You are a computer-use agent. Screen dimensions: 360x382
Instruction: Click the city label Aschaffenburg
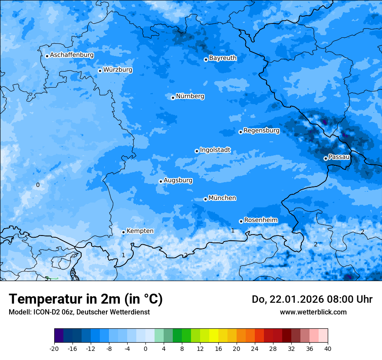point(72,55)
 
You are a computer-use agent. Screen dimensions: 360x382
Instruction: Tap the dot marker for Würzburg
point(100,71)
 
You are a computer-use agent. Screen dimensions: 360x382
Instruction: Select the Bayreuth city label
point(223,58)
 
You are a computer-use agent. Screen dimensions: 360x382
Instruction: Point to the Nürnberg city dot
point(173,98)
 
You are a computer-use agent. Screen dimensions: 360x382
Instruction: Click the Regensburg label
point(261,131)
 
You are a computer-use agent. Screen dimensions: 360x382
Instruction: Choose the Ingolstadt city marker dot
point(197,151)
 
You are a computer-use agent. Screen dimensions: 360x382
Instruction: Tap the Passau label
point(339,157)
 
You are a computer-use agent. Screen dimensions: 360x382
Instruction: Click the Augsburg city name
point(178,180)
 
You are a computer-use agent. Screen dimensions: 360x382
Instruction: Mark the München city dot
point(205,199)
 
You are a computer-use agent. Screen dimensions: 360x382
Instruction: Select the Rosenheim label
point(260,220)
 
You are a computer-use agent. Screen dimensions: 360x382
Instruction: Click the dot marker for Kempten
point(123,232)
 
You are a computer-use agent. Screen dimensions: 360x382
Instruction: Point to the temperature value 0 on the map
point(38,185)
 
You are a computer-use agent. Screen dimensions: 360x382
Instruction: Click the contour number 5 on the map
point(46,278)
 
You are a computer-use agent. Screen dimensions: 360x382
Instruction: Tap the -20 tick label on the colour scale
point(54,349)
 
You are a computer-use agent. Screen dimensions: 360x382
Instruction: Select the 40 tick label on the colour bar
point(328,349)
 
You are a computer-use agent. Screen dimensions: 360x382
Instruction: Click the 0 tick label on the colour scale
point(145,349)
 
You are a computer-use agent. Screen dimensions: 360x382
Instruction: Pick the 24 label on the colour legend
point(255,349)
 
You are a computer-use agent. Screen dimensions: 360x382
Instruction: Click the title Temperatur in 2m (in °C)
point(86,299)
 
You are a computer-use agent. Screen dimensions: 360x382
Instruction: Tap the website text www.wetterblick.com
point(313,312)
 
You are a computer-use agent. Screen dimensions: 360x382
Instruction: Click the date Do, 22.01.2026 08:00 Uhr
point(312,299)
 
